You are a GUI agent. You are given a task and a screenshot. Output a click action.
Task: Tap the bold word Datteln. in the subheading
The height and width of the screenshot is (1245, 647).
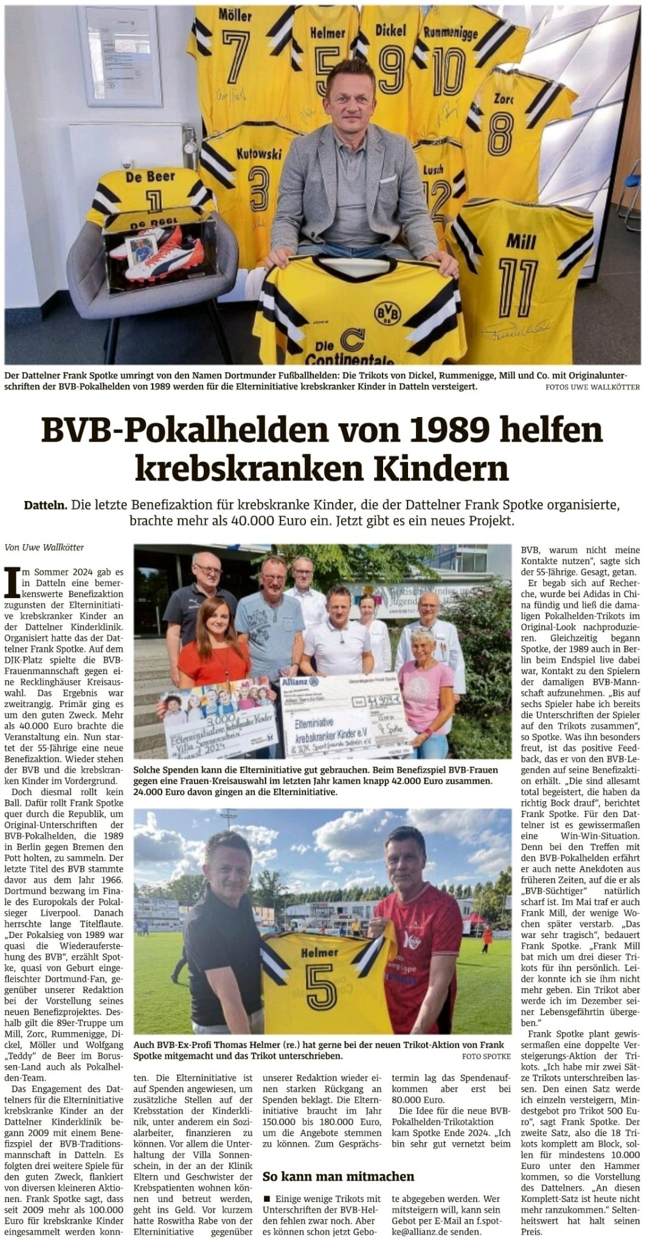point(46,505)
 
